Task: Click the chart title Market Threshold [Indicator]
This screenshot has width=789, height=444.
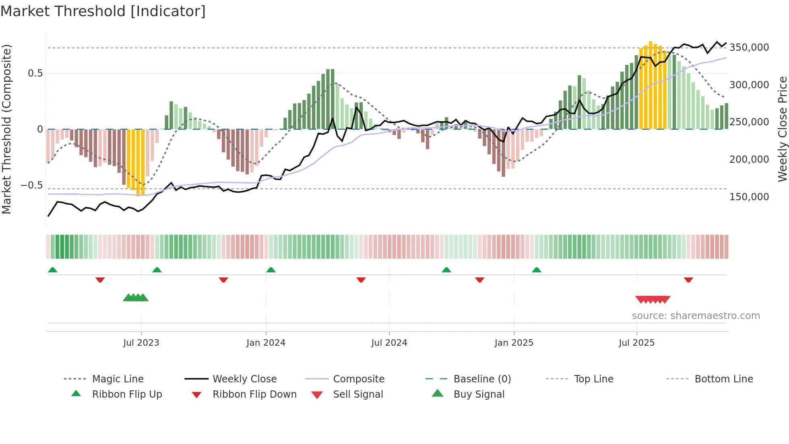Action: pos(103,11)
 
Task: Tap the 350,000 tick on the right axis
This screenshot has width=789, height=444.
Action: pos(749,48)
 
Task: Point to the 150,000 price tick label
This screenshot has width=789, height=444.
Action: pos(749,197)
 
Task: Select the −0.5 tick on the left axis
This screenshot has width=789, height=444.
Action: pos(31,185)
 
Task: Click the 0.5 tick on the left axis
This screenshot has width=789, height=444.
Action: pos(35,73)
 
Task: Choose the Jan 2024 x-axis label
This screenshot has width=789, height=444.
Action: pos(266,343)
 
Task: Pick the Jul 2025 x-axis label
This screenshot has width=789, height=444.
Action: pos(636,343)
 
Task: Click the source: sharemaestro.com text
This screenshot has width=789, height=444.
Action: pos(696,316)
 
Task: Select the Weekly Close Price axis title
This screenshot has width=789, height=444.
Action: pos(782,129)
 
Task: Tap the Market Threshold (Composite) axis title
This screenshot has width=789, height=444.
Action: pos(6,129)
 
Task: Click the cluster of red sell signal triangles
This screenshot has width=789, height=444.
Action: pos(653,299)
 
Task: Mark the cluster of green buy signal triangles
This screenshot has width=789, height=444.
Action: pos(136,298)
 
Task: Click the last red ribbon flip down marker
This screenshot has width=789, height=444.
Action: pos(688,280)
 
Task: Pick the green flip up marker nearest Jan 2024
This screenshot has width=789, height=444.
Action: pos(271,270)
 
